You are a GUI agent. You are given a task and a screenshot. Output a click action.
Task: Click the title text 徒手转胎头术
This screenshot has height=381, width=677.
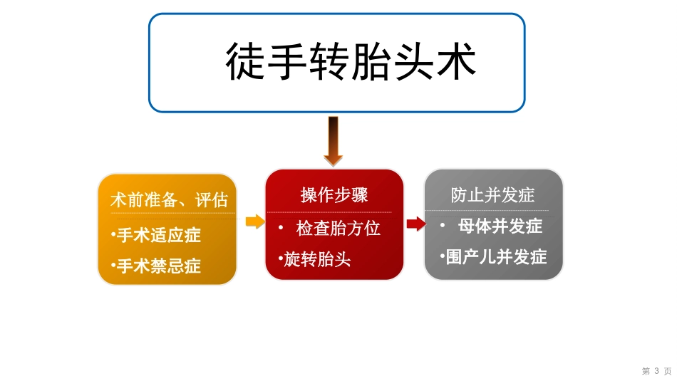(351, 61)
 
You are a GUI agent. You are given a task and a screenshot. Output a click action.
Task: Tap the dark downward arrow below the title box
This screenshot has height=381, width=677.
(333, 141)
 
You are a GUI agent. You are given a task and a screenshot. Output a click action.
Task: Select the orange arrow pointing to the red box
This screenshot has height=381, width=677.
(254, 221)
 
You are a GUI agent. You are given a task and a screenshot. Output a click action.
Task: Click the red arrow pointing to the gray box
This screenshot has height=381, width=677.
(415, 224)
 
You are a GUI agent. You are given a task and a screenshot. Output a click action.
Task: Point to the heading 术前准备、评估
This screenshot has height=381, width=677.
(169, 200)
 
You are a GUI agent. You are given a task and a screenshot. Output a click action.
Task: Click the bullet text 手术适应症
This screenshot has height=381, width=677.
(158, 235)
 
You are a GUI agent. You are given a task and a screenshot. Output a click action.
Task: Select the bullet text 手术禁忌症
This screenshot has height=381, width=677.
(158, 266)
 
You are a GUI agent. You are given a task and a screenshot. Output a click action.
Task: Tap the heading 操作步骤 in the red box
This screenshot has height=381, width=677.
(334, 194)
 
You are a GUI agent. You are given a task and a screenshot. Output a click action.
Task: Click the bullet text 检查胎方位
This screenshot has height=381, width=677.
(338, 228)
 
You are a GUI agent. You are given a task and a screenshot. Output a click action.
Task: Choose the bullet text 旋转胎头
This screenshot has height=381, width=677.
(317, 259)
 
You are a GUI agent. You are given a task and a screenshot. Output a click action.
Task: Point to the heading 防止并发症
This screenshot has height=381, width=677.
(492, 195)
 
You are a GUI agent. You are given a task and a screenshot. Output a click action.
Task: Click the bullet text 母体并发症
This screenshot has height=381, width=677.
(500, 226)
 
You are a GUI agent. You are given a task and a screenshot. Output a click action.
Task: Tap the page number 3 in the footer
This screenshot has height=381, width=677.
(656, 371)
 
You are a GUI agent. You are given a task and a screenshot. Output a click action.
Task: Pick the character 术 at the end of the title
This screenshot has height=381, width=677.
(456, 61)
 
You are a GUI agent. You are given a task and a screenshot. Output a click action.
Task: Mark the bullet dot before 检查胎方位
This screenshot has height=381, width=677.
(281, 227)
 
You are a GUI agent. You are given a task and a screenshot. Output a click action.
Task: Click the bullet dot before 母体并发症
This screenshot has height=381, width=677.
(443, 226)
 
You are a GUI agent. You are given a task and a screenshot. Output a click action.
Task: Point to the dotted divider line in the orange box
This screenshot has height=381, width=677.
(172, 213)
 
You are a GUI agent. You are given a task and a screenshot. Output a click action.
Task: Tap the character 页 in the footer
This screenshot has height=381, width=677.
(668, 371)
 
